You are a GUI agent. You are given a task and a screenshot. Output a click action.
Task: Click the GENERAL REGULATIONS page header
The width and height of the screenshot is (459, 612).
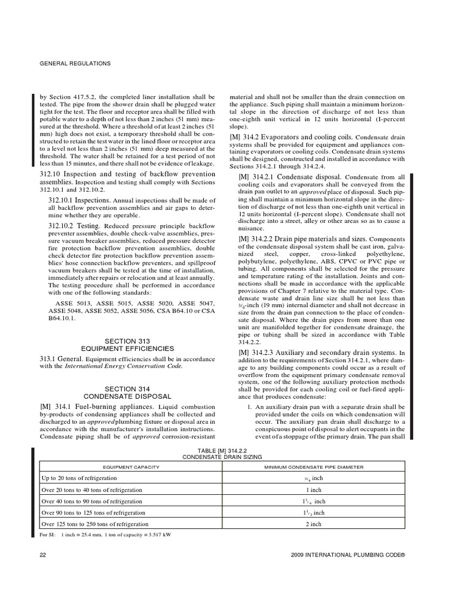(x=75, y=63)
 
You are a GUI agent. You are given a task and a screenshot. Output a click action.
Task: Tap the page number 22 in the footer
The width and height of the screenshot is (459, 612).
(x=42, y=555)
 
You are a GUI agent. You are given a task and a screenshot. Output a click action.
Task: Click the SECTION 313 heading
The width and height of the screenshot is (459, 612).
(x=127, y=341)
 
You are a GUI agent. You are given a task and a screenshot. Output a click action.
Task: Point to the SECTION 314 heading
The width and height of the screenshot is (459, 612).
(x=127, y=388)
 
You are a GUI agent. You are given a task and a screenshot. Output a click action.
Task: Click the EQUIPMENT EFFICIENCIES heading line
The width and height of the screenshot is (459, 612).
(x=127, y=348)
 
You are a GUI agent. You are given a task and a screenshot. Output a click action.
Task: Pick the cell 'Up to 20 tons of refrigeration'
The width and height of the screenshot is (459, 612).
(x=79, y=479)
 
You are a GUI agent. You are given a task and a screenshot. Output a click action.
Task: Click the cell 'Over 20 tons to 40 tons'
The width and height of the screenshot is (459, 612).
(x=91, y=490)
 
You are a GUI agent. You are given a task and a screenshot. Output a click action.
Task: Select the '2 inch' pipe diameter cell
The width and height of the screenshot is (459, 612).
(x=313, y=524)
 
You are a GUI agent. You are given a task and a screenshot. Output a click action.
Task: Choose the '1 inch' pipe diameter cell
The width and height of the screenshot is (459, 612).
(x=313, y=490)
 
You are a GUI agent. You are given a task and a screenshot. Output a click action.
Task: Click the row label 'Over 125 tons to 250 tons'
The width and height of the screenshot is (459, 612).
(x=94, y=524)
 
